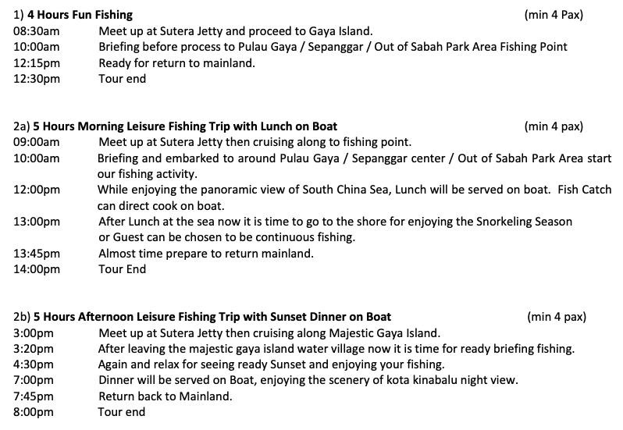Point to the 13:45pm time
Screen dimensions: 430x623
37,254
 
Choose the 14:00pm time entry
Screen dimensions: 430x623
37,270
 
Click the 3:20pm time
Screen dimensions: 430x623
33,349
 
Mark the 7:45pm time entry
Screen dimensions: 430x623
33,396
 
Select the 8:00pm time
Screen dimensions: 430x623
33,412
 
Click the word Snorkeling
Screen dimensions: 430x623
504,222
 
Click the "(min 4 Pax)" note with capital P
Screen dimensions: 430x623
555,15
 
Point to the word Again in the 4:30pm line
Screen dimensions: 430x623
114,364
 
